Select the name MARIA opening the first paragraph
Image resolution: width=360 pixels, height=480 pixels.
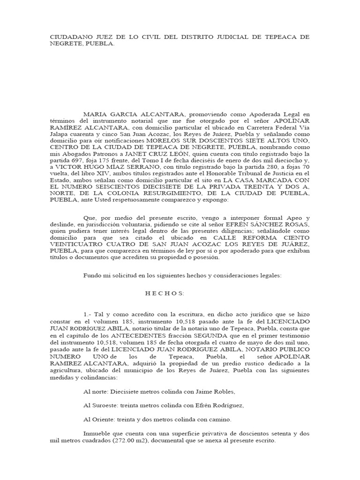coord(95,114)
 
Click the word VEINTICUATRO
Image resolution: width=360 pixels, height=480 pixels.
coord(76,244)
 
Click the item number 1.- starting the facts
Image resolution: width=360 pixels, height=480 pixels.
coord(87,314)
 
